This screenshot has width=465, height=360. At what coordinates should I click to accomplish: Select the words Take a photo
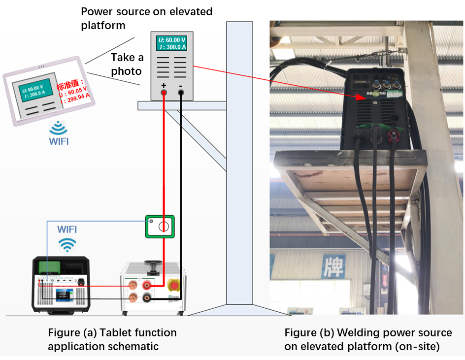pyautogui.click(x=127, y=65)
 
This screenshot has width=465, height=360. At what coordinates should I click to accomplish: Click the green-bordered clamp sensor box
pyautogui.click(x=160, y=227)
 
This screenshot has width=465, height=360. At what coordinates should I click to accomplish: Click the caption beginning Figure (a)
pyautogui.click(x=112, y=339)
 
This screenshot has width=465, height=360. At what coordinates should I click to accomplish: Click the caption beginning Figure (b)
pyautogui.click(x=368, y=339)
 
